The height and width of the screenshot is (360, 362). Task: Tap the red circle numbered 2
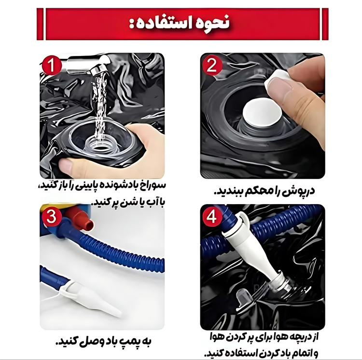pyautogui.click(x=212, y=65)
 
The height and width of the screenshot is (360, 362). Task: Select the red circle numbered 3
pyautogui.click(x=51, y=217)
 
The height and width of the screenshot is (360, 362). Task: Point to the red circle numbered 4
pyautogui.click(x=211, y=217)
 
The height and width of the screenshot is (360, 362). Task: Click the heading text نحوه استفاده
pyautogui.click(x=179, y=24)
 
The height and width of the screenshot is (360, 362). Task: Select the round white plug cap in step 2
pyautogui.click(x=263, y=112)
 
